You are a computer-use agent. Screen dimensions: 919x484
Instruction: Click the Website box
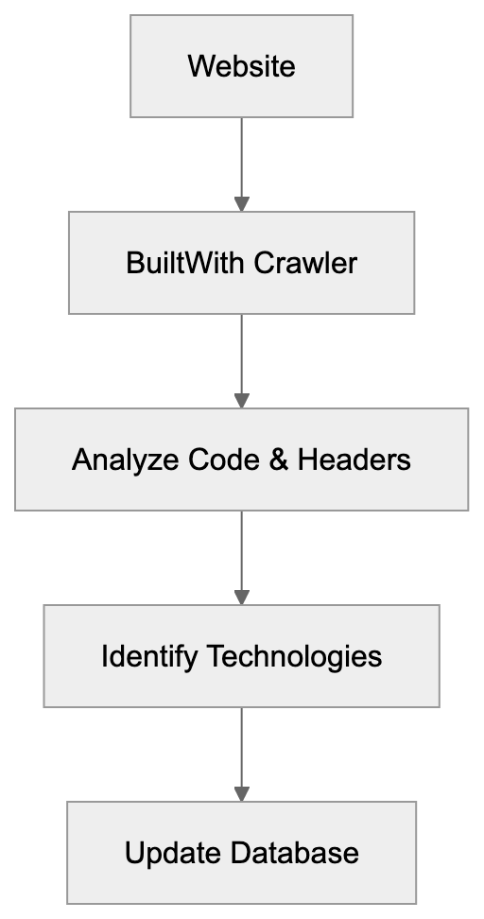[241, 66]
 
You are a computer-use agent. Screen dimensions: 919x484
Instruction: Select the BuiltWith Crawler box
[241, 262]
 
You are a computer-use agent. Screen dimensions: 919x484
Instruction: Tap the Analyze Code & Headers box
[241, 459]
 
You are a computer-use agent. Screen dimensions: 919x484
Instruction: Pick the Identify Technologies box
[241, 656]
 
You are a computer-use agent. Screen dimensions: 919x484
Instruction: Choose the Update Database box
[241, 853]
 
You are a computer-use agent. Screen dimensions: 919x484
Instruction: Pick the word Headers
[354, 459]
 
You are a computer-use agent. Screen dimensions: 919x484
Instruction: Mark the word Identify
[148, 657]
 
